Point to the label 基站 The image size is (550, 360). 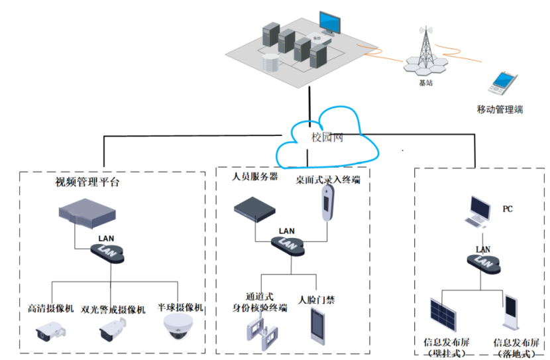(426, 84)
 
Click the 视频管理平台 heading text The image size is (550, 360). (87, 182)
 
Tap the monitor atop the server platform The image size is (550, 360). (329, 24)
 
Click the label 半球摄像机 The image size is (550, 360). (181, 308)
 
